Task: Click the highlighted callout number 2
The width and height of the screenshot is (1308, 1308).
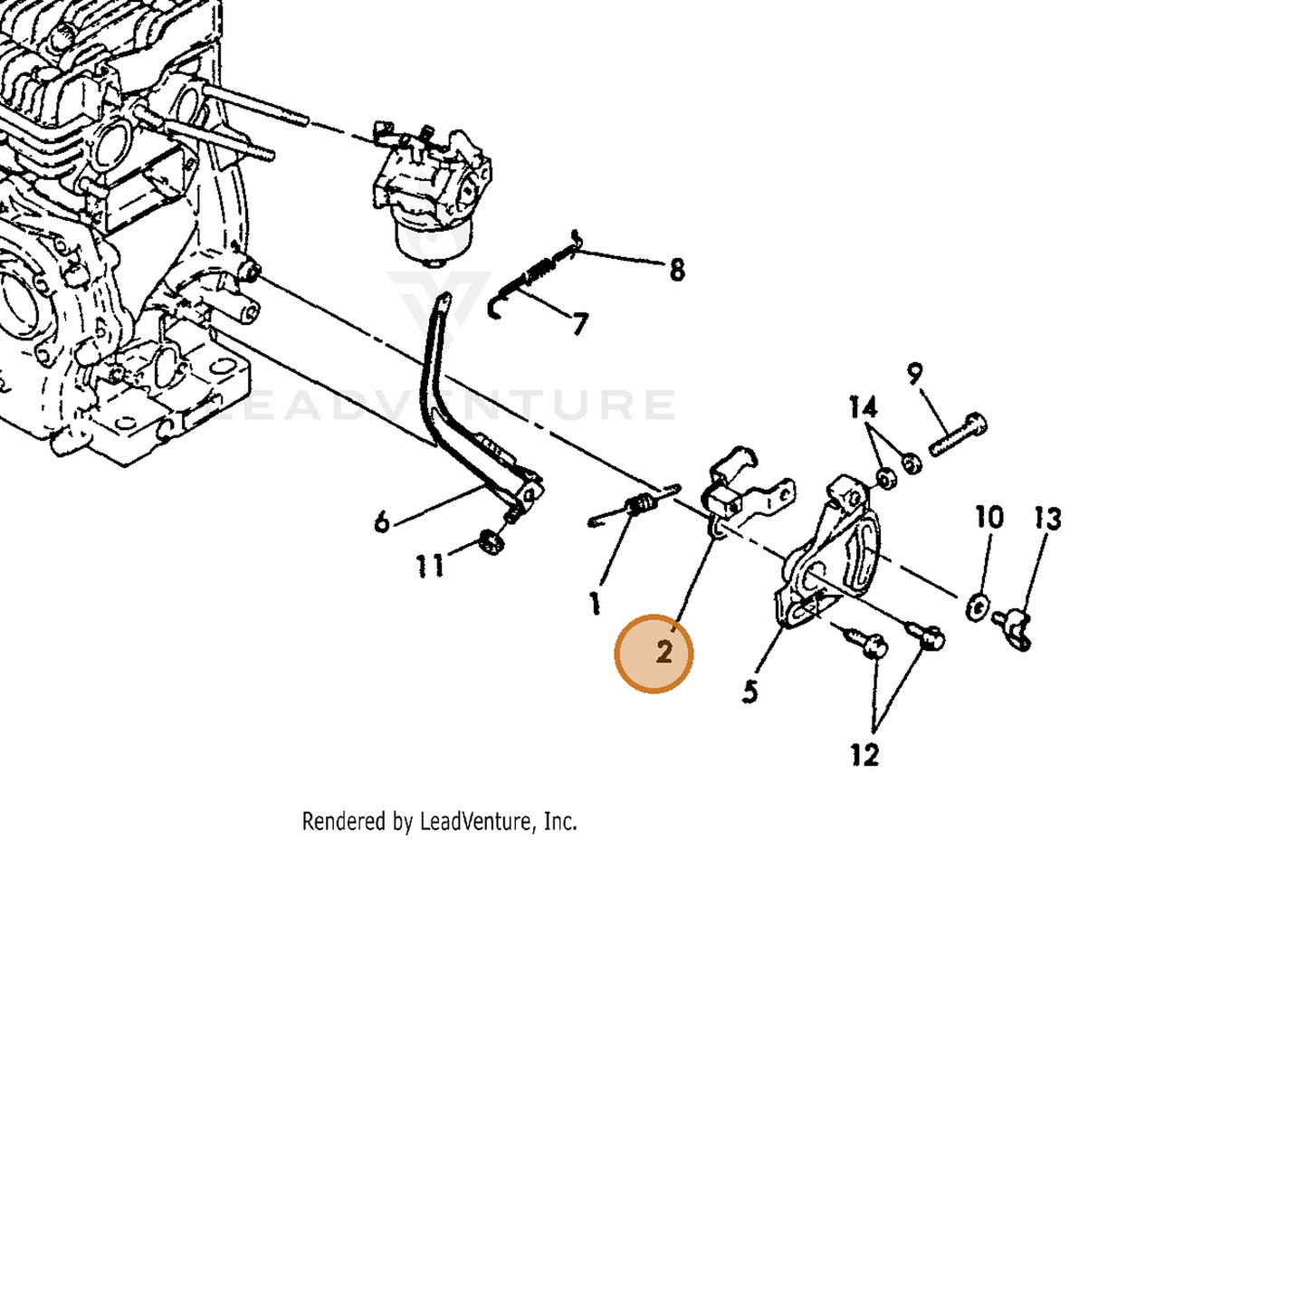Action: (664, 653)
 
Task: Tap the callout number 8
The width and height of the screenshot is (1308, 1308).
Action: (677, 271)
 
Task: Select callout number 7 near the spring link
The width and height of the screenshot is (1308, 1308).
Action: (578, 324)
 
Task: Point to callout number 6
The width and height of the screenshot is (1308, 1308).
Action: (382, 522)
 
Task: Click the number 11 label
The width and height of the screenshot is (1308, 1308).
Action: (430, 566)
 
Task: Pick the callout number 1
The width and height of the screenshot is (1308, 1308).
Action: (595, 604)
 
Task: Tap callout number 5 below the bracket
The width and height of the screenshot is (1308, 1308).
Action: (749, 692)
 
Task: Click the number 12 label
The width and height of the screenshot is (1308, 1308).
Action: (864, 755)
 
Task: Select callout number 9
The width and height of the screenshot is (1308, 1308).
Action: (915, 374)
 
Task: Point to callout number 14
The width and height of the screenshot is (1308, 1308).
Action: (864, 407)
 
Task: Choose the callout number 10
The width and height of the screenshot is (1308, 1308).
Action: (989, 517)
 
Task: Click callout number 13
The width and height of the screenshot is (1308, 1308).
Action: (1047, 519)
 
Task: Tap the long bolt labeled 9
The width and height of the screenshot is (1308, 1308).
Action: (958, 434)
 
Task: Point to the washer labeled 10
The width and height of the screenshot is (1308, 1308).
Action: (976, 606)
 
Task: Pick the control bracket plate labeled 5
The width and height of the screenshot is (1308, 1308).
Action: (829, 557)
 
